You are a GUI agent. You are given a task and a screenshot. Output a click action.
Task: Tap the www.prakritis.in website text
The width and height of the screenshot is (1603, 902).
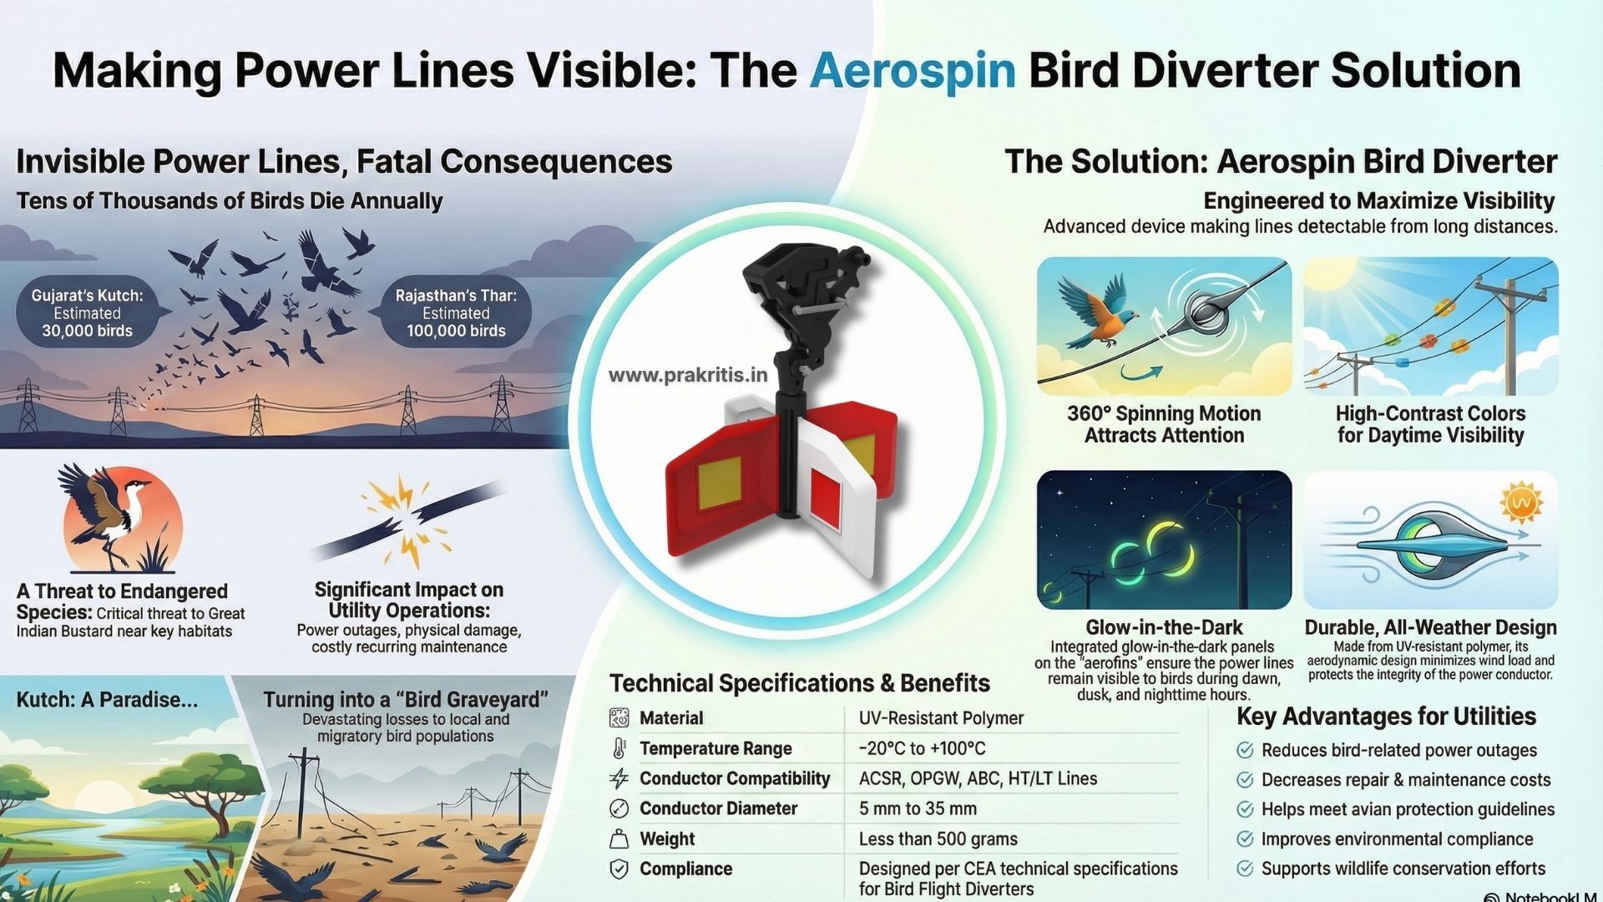(x=687, y=376)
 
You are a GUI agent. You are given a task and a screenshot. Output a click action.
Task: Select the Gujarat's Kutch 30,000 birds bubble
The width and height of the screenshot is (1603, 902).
(x=88, y=313)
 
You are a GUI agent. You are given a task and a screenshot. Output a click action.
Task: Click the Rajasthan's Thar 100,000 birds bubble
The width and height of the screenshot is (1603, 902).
(x=456, y=313)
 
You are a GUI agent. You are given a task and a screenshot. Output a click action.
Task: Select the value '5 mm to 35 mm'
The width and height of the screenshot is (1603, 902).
(x=918, y=808)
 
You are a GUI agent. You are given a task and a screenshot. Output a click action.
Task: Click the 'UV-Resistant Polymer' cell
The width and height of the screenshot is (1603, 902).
(x=941, y=718)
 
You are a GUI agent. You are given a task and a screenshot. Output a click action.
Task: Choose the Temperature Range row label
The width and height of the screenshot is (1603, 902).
(x=716, y=748)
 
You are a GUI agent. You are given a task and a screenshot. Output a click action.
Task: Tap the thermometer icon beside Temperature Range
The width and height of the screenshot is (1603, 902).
(x=619, y=748)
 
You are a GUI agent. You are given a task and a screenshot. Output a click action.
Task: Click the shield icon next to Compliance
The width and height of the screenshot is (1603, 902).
(x=619, y=869)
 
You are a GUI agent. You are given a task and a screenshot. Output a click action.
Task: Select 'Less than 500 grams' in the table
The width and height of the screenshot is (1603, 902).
(x=938, y=839)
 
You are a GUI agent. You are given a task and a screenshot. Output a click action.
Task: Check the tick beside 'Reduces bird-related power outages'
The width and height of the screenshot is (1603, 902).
(x=1245, y=750)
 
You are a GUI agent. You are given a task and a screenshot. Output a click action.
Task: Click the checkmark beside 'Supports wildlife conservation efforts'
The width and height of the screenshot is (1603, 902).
(x=1245, y=869)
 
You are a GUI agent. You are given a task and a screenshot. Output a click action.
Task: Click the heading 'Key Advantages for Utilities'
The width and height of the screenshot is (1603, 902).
(x=1386, y=717)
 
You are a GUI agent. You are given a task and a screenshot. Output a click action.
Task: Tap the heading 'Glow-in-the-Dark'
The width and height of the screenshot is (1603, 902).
(x=1164, y=627)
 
